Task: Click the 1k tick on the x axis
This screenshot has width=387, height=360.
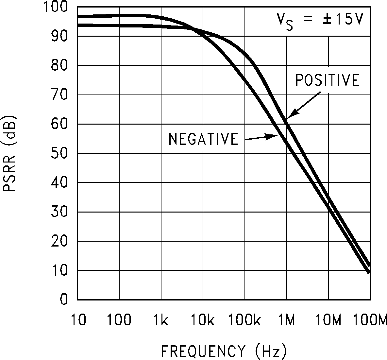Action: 161,320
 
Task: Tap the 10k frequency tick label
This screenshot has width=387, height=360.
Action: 203,320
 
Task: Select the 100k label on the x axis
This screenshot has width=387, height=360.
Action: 244,320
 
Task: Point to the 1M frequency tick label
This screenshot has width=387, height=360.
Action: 287,320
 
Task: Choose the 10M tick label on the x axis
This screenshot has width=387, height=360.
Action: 328,320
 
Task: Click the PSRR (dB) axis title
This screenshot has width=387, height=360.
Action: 9,153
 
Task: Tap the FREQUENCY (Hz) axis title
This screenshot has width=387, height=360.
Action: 224,351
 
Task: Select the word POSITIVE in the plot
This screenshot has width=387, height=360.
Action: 327,80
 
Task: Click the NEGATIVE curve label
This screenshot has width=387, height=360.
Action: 203,139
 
